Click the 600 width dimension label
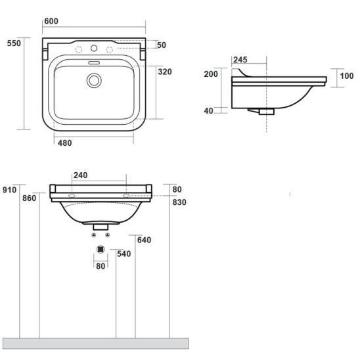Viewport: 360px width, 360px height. tap(51, 21)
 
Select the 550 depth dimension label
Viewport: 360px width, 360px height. tap(14, 43)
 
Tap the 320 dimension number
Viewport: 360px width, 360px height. tap(165, 72)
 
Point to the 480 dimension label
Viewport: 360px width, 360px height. tap(65, 143)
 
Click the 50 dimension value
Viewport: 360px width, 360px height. tap(162, 45)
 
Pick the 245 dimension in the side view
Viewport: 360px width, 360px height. tap(240, 60)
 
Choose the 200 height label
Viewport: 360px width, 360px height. tap(211, 74)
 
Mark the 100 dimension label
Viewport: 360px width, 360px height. tap(347, 76)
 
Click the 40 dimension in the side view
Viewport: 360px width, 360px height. tap(208, 111)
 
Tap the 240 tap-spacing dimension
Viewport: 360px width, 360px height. tap(80, 175)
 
